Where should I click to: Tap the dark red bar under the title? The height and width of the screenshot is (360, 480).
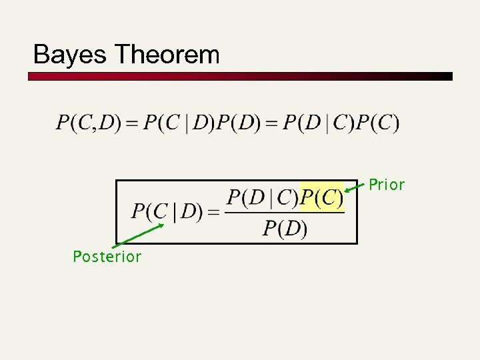240,76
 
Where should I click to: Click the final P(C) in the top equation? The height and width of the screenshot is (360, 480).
377,123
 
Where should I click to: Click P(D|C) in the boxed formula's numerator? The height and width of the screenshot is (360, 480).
263,197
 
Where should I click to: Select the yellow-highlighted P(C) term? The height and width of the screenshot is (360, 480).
322,197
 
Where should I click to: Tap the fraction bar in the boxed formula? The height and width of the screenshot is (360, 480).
285,213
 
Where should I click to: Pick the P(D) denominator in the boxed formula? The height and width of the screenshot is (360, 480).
285,229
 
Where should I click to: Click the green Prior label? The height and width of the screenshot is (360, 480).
387,185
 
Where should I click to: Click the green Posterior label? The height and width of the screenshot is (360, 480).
107,257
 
